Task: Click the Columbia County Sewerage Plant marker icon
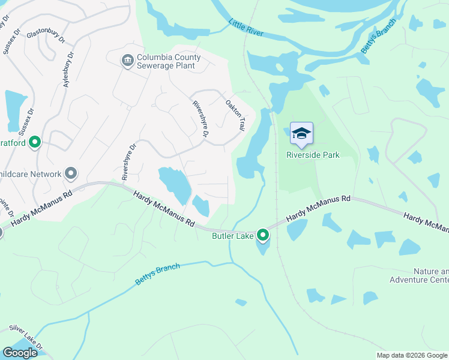coord(127,61)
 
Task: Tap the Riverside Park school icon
coord(301,133)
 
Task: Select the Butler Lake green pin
coord(263,235)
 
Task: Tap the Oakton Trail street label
coord(235,115)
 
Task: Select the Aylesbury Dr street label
coord(68,70)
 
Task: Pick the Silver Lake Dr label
coord(26,337)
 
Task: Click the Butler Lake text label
coord(234,236)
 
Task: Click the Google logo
coord(19,353)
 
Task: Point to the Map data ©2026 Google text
coord(411,355)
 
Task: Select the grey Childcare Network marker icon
coord(71,174)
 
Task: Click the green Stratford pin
coord(35,142)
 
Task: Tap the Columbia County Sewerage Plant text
coord(169,62)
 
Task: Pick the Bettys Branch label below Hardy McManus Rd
coord(157,274)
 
